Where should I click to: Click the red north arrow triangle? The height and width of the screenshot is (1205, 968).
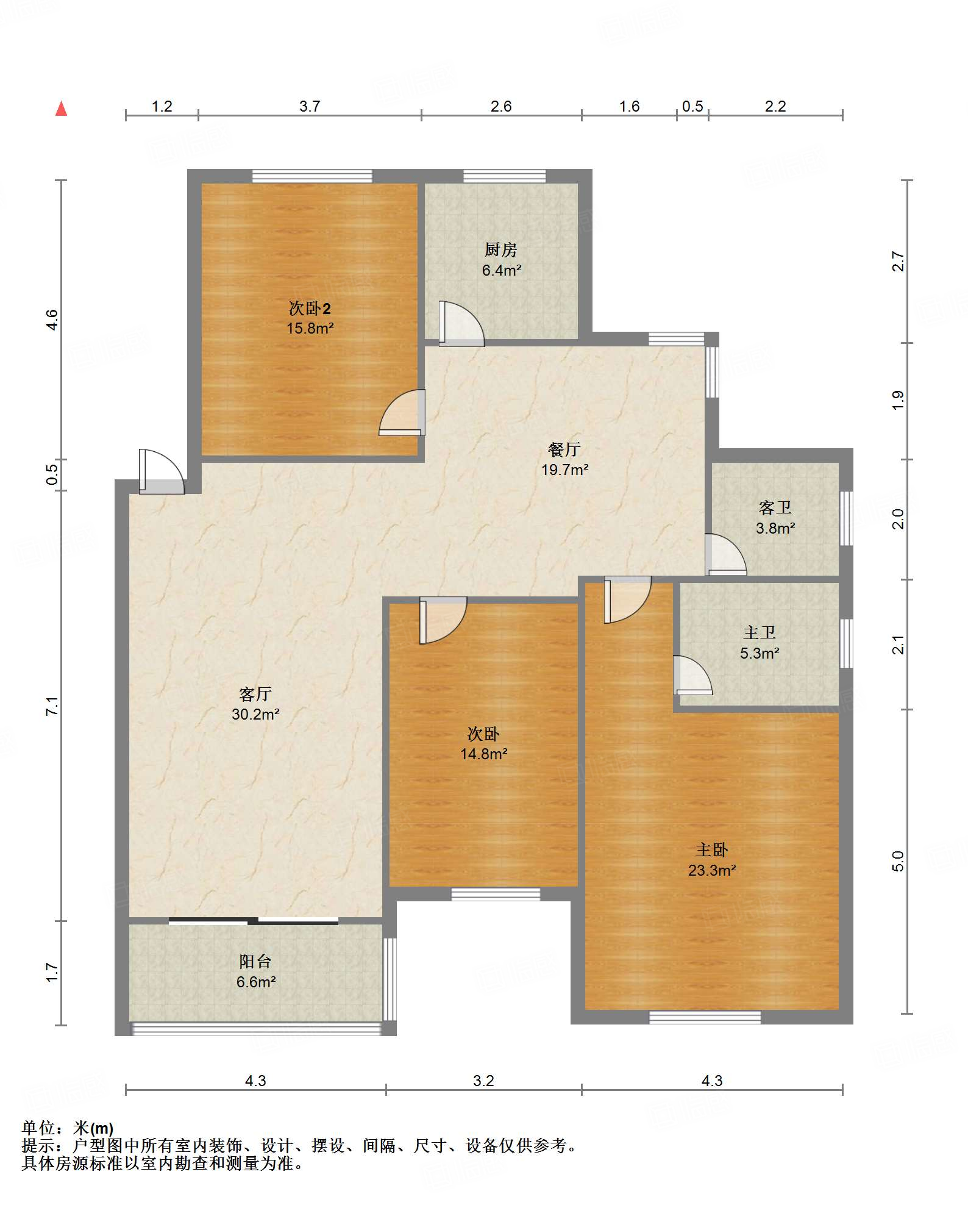pos(61,109)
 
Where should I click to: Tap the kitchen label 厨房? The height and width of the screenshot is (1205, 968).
pos(501,249)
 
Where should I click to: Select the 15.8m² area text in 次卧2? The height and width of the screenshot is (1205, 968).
pos(310,328)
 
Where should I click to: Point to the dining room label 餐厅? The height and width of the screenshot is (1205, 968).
pos(564,449)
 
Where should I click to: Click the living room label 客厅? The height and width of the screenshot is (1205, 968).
pos(255,694)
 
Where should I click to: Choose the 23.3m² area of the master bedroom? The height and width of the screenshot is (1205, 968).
pos(712,870)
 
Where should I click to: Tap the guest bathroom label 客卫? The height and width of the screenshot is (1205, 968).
pos(775,507)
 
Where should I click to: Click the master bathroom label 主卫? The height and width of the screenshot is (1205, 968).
pos(760,632)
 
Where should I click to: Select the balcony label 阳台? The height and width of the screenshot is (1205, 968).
pos(255,962)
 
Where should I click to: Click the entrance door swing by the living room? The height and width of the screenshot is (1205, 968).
pos(162,471)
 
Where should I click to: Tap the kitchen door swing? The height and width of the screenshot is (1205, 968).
pos(461,324)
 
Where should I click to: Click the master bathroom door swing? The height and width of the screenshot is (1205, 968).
pos(692,675)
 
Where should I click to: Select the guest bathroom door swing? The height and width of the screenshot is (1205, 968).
pos(726,554)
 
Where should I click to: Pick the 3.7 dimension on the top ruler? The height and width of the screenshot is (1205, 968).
pos(310,107)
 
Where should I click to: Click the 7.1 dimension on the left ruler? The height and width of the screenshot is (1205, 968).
pos(52,706)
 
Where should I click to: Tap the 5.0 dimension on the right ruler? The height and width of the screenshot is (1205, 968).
pos(898,861)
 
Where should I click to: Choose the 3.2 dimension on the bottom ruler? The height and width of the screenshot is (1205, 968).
pos(483,1081)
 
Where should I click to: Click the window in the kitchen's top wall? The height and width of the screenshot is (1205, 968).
pos(505,176)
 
